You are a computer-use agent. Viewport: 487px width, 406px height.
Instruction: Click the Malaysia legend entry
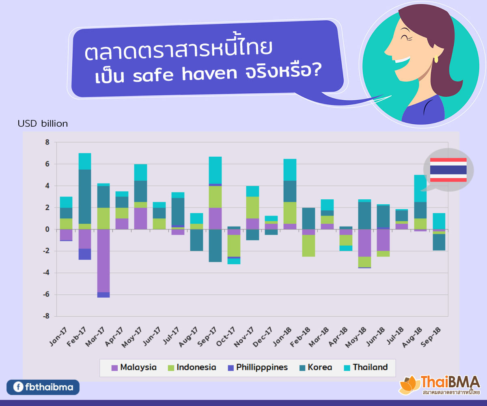pyautogui.click(x=134, y=367)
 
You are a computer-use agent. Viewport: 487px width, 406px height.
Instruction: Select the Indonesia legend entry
pyautogui.click(x=192, y=367)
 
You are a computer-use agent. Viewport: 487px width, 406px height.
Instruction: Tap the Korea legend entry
pyautogui.click(x=315, y=367)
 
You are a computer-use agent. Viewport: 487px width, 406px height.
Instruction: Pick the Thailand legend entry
pyautogui.click(x=365, y=367)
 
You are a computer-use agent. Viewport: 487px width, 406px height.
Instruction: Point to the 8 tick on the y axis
pyautogui.click(x=47, y=143)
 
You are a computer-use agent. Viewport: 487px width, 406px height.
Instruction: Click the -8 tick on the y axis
pyautogui.click(x=46, y=316)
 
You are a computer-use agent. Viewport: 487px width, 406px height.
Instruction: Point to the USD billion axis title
pyautogui.click(x=43, y=124)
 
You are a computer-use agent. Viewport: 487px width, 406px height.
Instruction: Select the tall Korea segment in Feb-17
pyautogui.click(x=85, y=197)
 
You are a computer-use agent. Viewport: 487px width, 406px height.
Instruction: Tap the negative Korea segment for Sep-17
pyautogui.click(x=215, y=246)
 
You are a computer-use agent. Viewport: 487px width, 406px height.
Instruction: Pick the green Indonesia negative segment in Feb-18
pyautogui.click(x=308, y=246)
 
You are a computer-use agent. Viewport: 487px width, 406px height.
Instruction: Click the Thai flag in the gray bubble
pyautogui.click(x=448, y=170)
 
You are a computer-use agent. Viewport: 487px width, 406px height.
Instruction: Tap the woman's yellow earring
pyautogui.click(x=436, y=59)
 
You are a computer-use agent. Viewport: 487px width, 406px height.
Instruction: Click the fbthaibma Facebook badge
pyautogui.click(x=43, y=387)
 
